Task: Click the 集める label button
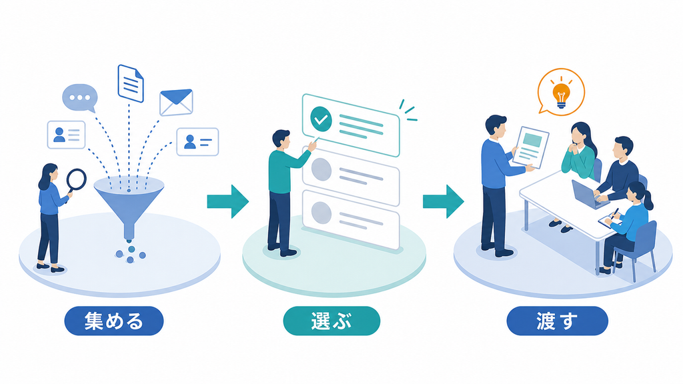[x=113, y=321]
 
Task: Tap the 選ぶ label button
[x=331, y=321]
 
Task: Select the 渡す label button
[x=557, y=321]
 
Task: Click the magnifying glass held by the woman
[x=76, y=180]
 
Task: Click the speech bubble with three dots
[x=80, y=97]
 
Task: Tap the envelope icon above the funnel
[x=176, y=103]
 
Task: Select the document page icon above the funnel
[x=131, y=83]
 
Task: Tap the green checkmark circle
[x=321, y=119]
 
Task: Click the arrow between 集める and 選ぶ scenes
[x=228, y=201]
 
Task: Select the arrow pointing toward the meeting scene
[x=444, y=201]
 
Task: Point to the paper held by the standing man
[x=530, y=147]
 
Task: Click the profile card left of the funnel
[x=66, y=135]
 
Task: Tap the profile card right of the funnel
[x=197, y=142]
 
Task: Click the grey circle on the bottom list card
[x=321, y=213]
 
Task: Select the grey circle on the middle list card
[x=321, y=169]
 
